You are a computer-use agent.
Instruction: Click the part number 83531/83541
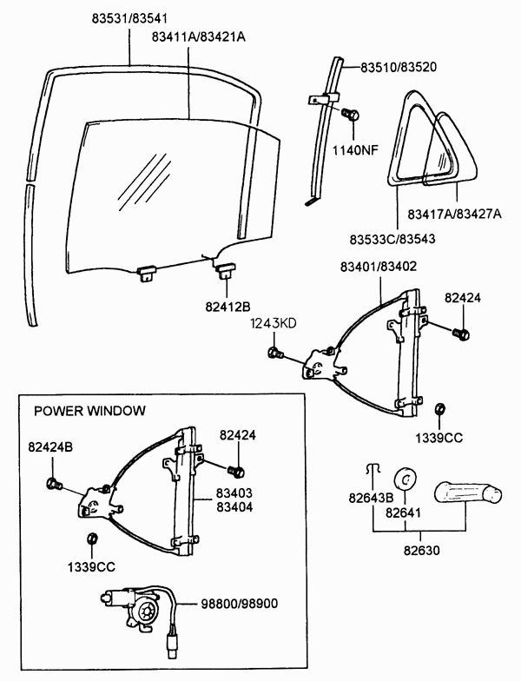pyautogui.click(x=129, y=19)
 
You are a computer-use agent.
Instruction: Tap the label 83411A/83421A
pyautogui.click(x=198, y=36)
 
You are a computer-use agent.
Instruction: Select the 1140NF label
pyautogui.click(x=356, y=150)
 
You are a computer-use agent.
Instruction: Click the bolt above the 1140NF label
pyautogui.click(x=350, y=115)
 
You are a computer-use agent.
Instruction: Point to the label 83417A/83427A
pyautogui.click(x=455, y=214)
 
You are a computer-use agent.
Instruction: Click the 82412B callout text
pyautogui.click(x=228, y=307)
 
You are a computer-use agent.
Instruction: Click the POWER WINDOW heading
pyautogui.click(x=90, y=411)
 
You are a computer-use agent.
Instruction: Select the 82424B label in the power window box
pyautogui.click(x=50, y=446)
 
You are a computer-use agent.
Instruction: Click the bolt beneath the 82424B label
pyautogui.click(x=54, y=484)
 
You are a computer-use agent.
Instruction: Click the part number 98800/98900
pyautogui.click(x=240, y=604)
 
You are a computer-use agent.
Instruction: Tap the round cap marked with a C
pyautogui.click(x=405, y=479)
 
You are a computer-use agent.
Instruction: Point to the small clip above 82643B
pyautogui.click(x=373, y=469)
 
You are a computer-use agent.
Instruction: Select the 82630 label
pyautogui.click(x=422, y=551)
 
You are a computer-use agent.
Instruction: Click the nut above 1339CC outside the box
pyautogui.click(x=439, y=408)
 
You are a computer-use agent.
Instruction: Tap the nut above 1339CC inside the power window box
pyautogui.click(x=92, y=539)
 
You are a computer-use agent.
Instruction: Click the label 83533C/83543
pyautogui.click(x=392, y=239)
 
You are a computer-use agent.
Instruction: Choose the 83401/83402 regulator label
pyautogui.click(x=379, y=266)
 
